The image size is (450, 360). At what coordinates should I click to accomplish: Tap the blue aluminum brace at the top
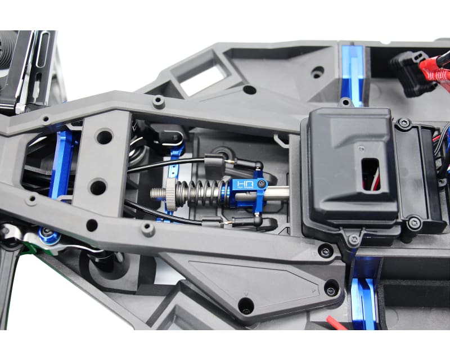pyautogui.click(x=353, y=67)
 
